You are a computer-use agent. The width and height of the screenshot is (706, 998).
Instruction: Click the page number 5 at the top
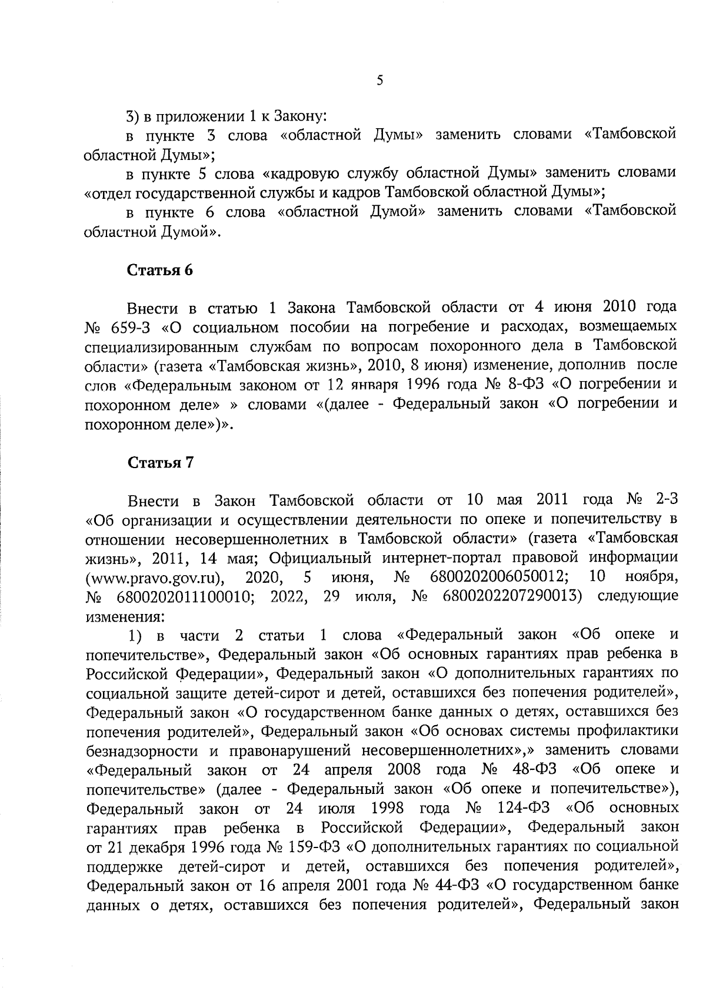tap(379, 81)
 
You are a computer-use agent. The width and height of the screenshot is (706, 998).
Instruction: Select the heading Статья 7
tap(161, 462)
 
